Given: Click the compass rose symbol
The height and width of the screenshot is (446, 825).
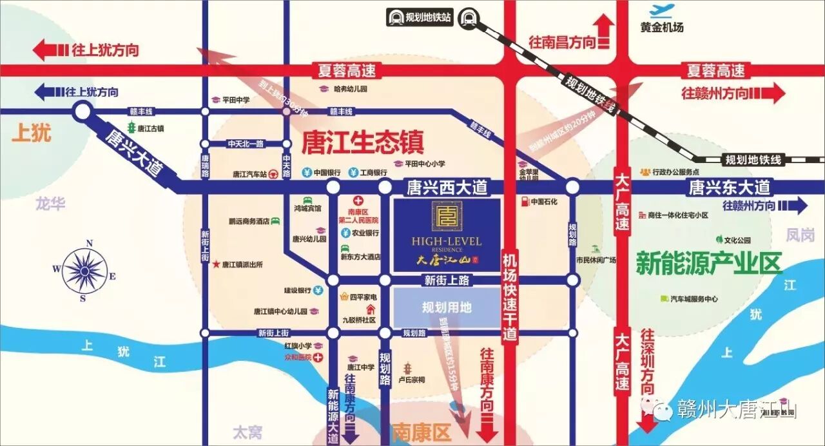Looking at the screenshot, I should click(x=84, y=269).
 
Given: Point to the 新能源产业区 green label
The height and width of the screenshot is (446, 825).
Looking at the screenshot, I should click(x=708, y=263).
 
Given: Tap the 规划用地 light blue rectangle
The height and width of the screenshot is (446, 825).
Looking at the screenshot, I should click(x=447, y=308).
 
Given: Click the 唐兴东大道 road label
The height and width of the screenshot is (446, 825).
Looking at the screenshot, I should click(x=729, y=188).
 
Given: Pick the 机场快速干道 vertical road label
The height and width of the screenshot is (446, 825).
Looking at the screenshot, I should click(x=510, y=296).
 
